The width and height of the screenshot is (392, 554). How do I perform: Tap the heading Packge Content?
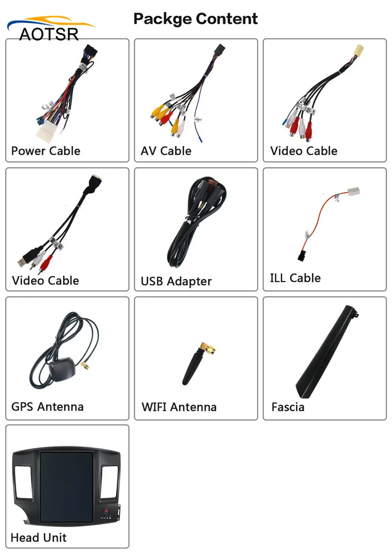pos(196,19)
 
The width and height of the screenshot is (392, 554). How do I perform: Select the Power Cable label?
pos(46,151)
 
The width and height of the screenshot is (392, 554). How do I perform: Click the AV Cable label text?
pos(166,151)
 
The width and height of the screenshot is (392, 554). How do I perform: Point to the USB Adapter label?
pos(176,281)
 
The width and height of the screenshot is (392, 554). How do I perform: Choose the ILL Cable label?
pos(295,278)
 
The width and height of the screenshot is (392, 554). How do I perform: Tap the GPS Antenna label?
pos(48,407)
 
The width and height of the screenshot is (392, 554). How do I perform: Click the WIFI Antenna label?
pos(179,407)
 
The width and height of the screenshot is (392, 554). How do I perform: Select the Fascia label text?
pos(288,407)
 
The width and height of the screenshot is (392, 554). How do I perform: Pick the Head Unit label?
pos(38,537)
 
